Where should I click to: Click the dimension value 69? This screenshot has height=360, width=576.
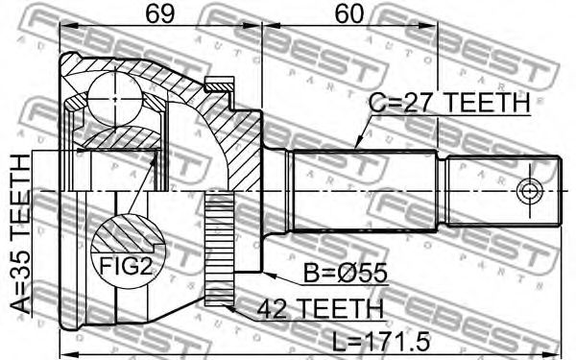click(x=159, y=14)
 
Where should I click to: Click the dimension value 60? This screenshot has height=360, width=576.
click(x=349, y=14)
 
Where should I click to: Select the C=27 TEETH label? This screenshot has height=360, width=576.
click(x=449, y=103)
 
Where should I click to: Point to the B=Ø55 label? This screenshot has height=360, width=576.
click(x=346, y=273)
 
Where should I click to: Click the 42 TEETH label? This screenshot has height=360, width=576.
click(x=320, y=308)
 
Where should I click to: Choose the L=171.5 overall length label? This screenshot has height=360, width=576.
click(x=380, y=341)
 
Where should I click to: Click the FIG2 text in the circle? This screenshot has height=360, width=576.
click(x=126, y=266)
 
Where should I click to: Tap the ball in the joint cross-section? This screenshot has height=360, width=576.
click(x=115, y=99)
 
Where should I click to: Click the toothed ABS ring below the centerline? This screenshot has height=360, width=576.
click(x=219, y=250)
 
